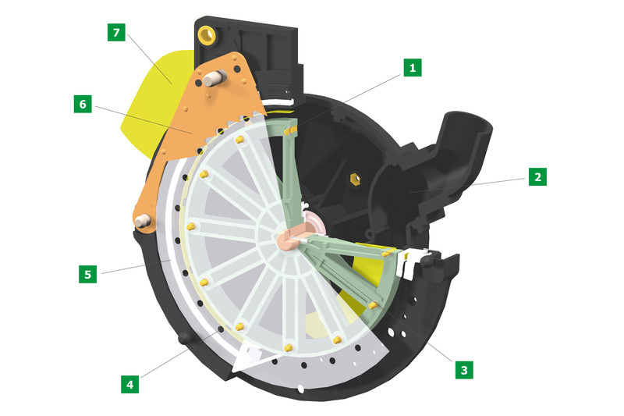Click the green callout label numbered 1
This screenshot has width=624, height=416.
point(413,68)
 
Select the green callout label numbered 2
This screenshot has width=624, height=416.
point(537,176)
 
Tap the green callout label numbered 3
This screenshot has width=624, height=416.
point(464,370)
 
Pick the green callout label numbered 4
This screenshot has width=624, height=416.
point(129,385)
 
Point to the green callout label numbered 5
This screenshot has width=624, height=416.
point(87,274)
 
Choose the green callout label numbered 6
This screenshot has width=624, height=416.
point(83,104)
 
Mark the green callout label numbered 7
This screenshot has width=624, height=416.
point(116,32)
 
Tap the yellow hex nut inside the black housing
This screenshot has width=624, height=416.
point(354,180)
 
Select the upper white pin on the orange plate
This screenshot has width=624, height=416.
point(214,77)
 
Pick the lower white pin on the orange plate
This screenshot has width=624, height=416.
point(142,221)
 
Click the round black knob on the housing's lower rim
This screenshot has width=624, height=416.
point(184,339)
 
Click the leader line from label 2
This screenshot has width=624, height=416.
point(467,186)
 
